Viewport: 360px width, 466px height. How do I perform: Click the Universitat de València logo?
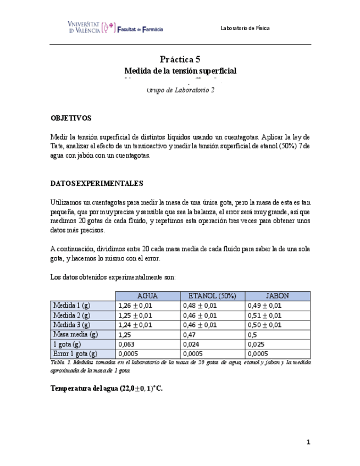[91, 27]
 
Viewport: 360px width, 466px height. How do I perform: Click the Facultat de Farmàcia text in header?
[140, 29]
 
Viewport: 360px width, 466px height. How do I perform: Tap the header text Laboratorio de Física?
[245, 28]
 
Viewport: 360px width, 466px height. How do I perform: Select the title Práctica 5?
[180, 59]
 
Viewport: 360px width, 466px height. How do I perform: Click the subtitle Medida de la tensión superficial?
[180, 71]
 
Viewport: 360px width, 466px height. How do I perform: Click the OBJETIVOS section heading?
[71, 118]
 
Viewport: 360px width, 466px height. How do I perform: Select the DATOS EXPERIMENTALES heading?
[97, 183]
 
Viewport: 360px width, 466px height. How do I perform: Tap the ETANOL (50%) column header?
[212, 296]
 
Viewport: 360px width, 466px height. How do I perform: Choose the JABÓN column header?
[277, 296]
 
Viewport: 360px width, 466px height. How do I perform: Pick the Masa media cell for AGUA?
[125, 335]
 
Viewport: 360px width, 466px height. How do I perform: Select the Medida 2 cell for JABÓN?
[264, 315]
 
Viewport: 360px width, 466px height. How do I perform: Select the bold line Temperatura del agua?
[106, 388]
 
